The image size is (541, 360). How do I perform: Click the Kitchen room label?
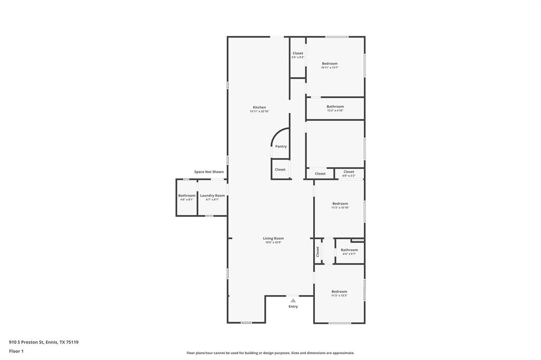(x=259, y=107)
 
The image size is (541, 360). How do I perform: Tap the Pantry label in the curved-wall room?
(x=281, y=146)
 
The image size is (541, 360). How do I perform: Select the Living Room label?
(x=273, y=238)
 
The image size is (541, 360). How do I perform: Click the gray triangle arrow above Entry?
(x=293, y=300)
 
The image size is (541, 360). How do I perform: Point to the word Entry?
(x=293, y=306)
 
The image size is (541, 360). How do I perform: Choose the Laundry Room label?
(x=212, y=195)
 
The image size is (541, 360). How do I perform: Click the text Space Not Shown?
(x=209, y=172)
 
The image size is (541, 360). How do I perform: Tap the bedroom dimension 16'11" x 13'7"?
(x=330, y=68)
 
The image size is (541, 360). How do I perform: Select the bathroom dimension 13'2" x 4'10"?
(x=335, y=110)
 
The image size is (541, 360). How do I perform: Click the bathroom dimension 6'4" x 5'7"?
(x=349, y=254)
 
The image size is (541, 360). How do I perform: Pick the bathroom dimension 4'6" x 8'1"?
(x=186, y=200)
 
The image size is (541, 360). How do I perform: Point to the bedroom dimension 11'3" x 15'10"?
(x=340, y=207)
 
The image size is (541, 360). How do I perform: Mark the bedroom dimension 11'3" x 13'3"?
(x=339, y=296)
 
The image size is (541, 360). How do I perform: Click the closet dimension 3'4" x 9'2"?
(x=298, y=57)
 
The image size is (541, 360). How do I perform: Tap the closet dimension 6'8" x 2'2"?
(x=349, y=175)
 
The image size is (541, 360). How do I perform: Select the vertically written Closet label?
(x=318, y=251)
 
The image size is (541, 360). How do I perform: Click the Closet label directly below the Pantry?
(x=280, y=169)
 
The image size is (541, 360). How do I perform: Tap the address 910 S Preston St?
(x=30, y=342)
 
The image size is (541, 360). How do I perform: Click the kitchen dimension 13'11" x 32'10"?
(x=259, y=111)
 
